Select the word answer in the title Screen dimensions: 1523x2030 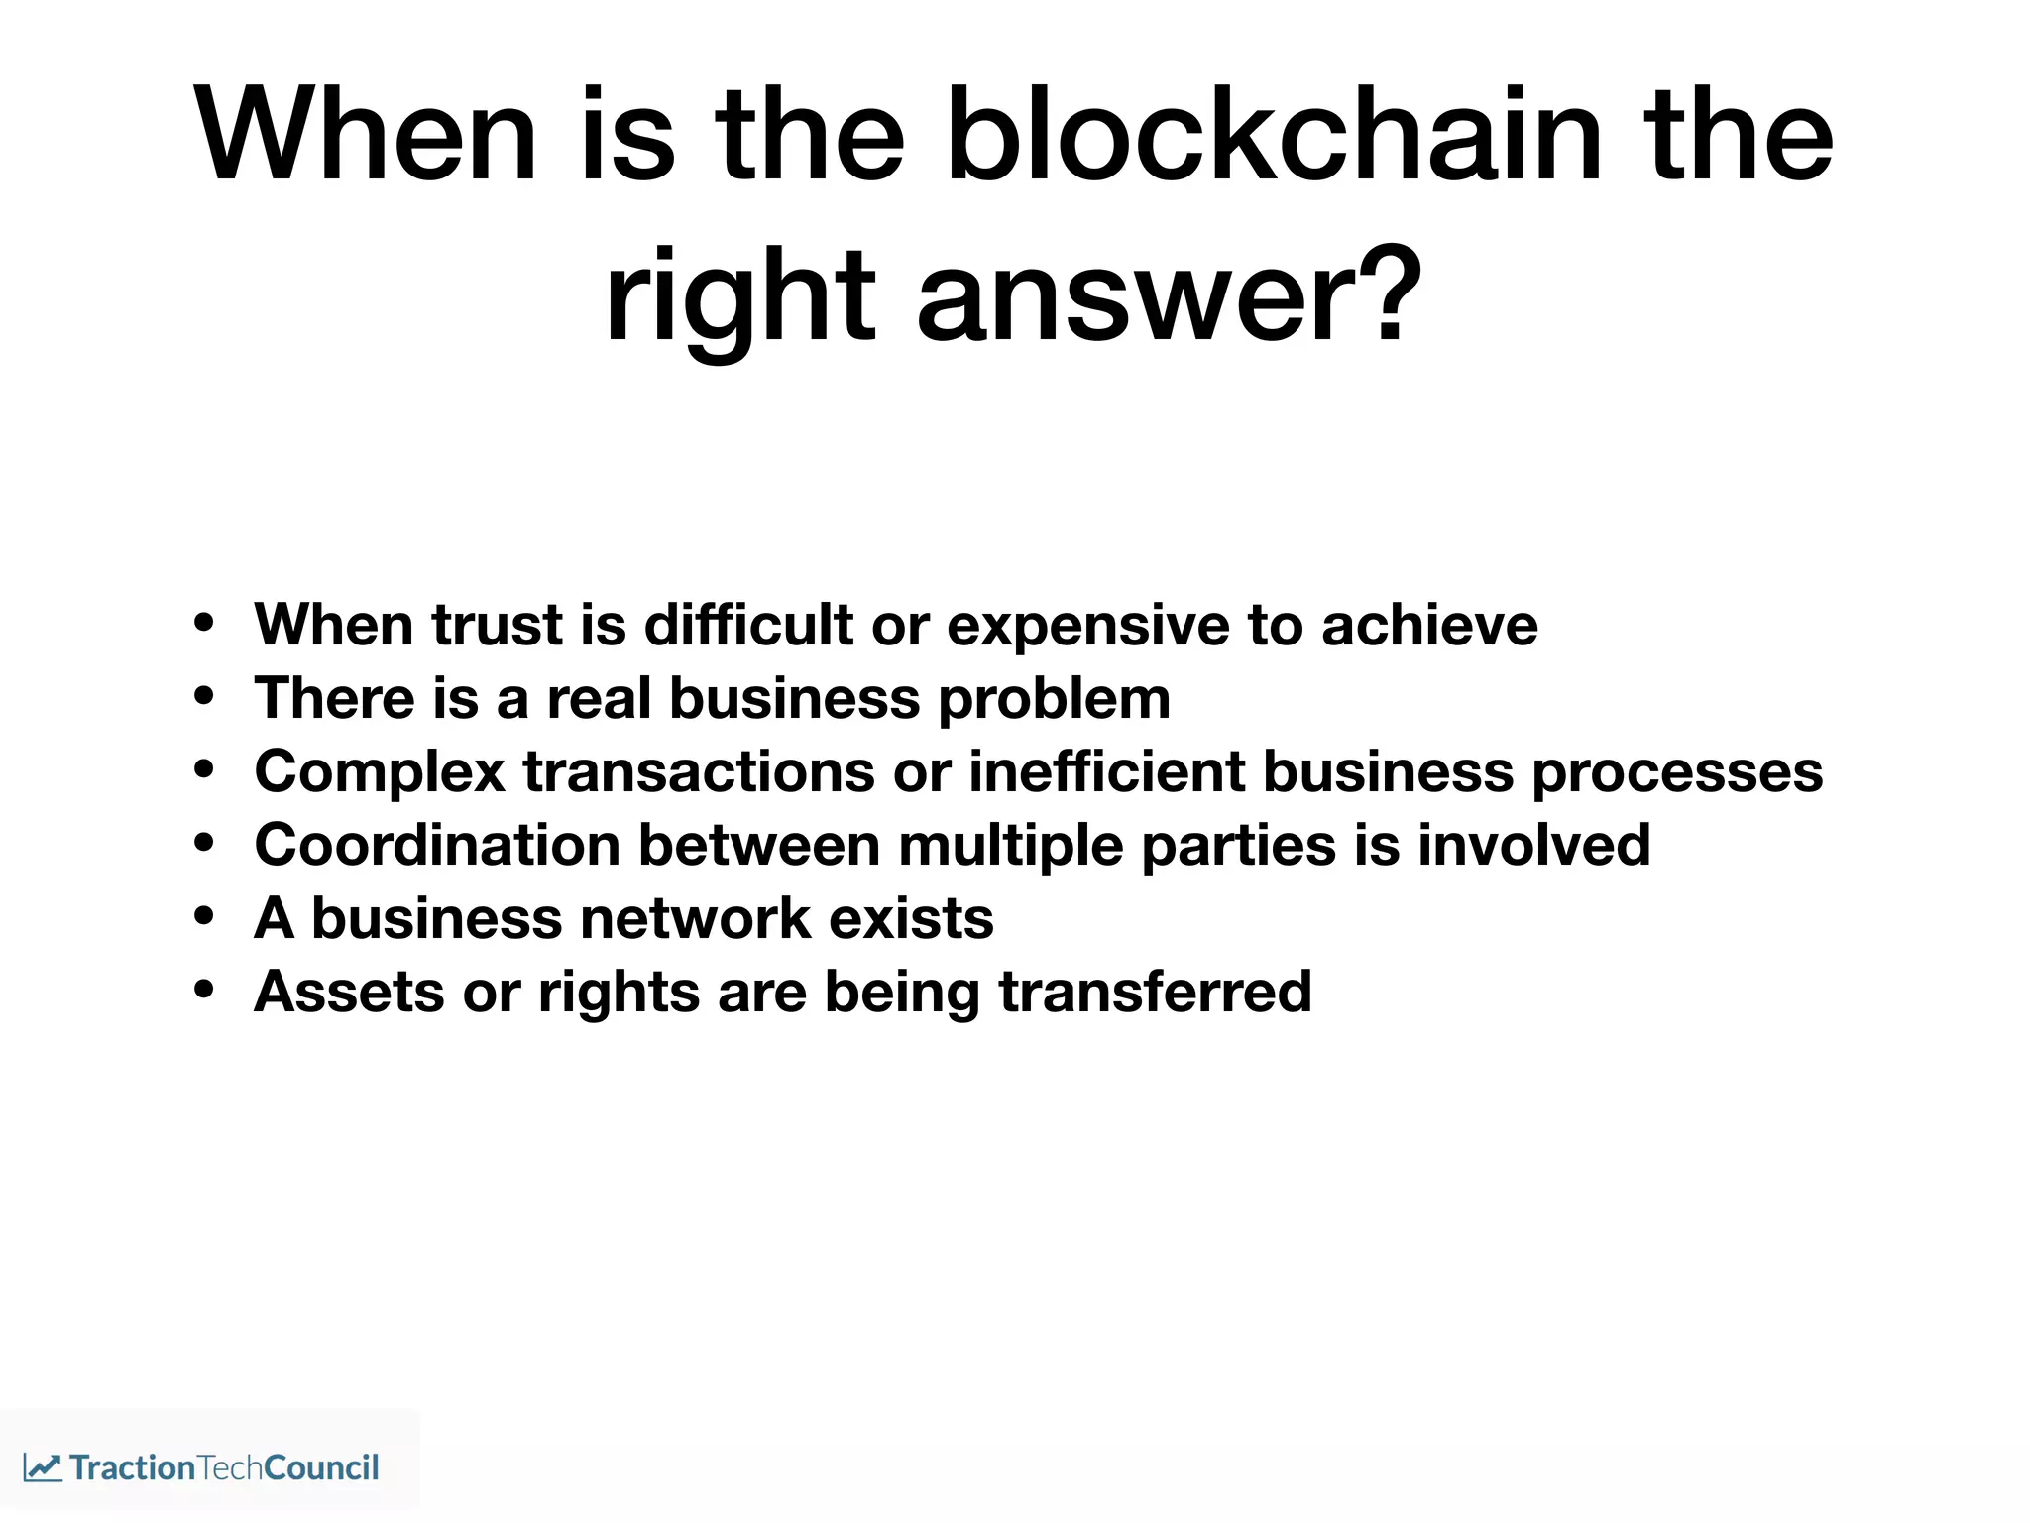[1141, 297]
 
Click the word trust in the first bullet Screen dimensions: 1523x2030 [498, 625]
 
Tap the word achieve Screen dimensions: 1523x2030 [1429, 625]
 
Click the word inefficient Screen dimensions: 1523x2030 [1106, 771]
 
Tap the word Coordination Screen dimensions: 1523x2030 [437, 845]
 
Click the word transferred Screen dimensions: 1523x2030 [1156, 991]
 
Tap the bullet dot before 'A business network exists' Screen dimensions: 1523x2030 [204, 916]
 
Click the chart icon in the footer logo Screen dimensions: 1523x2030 [43, 1467]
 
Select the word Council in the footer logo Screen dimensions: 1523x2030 [322, 1467]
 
